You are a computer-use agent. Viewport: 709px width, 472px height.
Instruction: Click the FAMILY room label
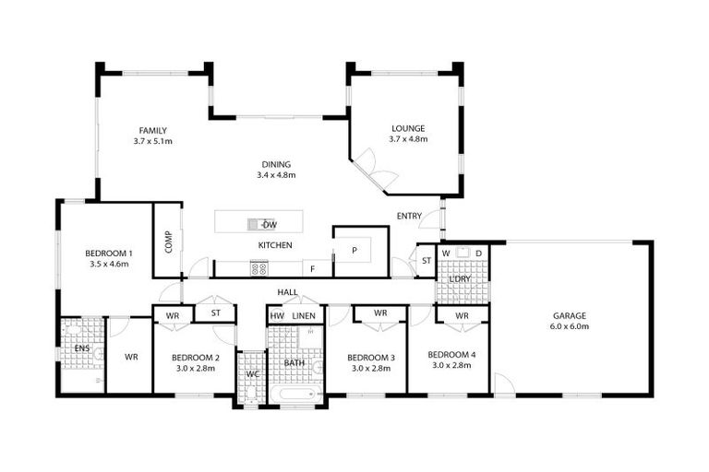[152, 130]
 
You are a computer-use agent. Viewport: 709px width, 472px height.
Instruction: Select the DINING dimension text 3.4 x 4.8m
[276, 175]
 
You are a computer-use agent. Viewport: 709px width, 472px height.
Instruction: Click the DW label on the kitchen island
[270, 225]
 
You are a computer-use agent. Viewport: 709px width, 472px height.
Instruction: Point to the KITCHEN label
[275, 245]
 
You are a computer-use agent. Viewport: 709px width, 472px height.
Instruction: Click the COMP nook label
[168, 242]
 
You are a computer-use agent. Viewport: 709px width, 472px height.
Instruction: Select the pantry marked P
[355, 249]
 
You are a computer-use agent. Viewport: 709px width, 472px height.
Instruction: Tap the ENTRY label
[409, 217]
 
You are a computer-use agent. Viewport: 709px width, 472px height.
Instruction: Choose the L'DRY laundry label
[460, 278]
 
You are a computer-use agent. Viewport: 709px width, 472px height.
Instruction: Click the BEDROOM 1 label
[109, 254]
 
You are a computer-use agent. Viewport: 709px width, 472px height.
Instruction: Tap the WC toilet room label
[251, 374]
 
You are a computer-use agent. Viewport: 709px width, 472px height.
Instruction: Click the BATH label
[294, 363]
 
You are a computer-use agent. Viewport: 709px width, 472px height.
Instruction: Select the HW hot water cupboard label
[277, 315]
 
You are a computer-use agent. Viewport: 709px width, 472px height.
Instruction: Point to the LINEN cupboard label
[305, 315]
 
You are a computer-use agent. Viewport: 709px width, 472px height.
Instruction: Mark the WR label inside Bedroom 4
[462, 315]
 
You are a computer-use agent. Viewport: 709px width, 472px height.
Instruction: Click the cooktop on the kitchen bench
[259, 268]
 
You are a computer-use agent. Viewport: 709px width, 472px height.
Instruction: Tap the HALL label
[287, 292]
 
